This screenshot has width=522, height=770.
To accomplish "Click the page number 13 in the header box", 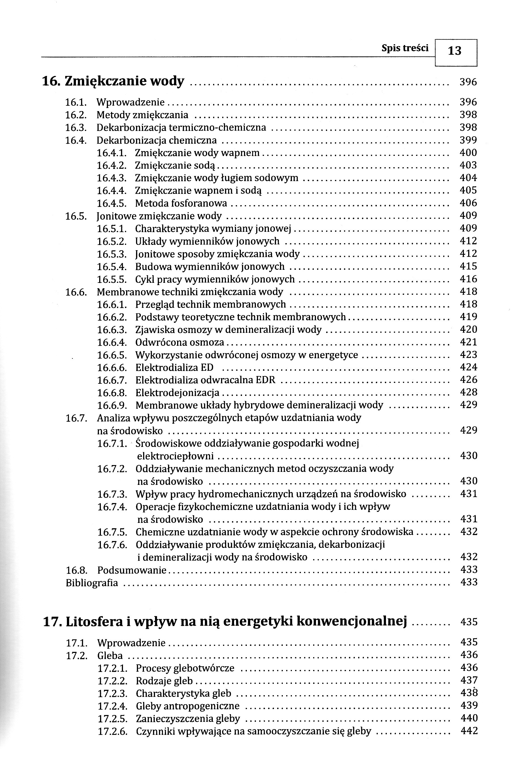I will (455, 51).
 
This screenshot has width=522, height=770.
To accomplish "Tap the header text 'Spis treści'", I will (405, 48).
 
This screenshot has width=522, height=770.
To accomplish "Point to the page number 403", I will (468, 165).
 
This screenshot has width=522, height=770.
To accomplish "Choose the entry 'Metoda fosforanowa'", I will (181, 203).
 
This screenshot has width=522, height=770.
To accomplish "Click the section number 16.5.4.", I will (112, 266).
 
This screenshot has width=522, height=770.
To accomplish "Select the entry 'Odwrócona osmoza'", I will (179, 342).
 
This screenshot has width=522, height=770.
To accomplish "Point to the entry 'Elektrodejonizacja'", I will (177, 393).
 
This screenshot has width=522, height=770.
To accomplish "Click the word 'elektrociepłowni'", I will (175, 456).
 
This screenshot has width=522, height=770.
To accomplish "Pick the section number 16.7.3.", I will (112, 494).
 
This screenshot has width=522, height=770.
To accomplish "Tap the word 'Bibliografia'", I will (92, 583).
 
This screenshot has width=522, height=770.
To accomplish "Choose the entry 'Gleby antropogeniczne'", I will (188, 706).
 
